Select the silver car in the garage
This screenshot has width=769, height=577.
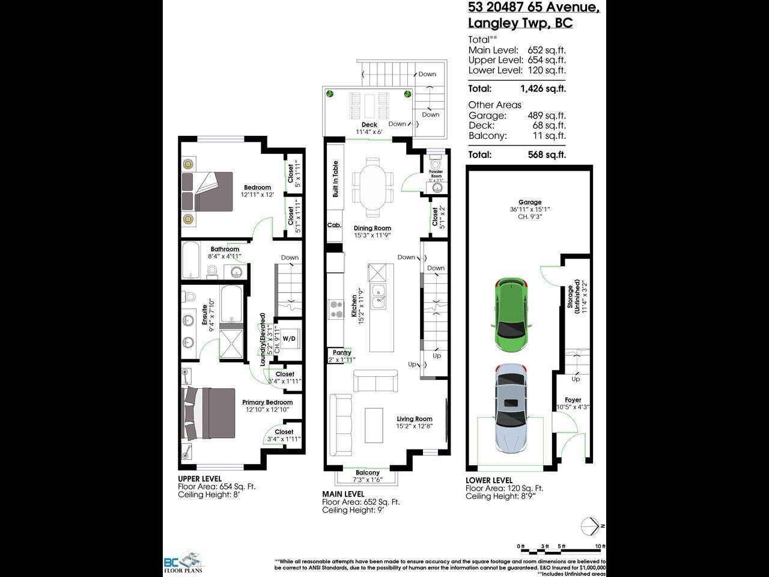tap(510, 409)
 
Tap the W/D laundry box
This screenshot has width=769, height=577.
tap(289, 339)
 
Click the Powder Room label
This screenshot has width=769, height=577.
tap(436, 173)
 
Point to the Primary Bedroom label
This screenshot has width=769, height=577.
tap(267, 402)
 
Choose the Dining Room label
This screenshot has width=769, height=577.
tap(372, 228)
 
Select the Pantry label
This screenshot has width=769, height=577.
tap(341, 353)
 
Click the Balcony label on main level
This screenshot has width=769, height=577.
tap(367, 472)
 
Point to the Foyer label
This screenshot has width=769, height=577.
tap(573, 400)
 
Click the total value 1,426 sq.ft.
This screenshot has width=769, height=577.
tap(543, 89)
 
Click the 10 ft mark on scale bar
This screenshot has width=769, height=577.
tap(599, 546)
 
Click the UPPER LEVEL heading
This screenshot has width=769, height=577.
tap(199, 478)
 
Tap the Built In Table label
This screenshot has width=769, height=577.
tap(335, 179)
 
